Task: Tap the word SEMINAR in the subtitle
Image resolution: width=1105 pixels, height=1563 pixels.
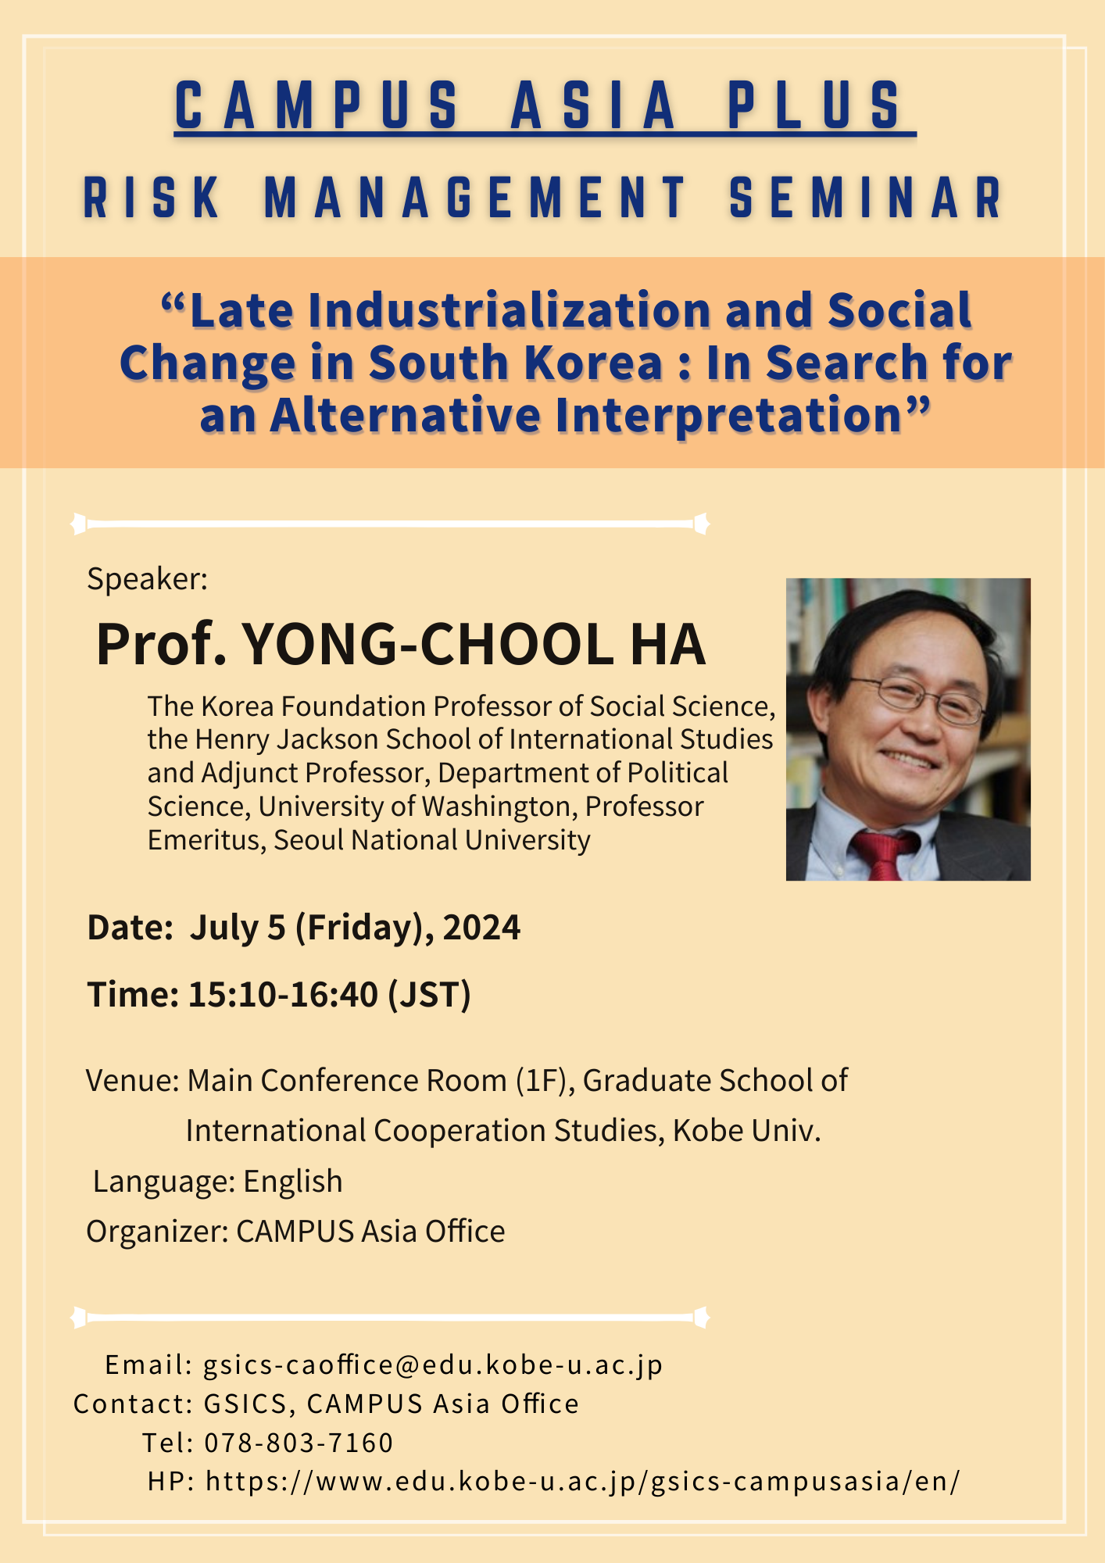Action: click(x=867, y=198)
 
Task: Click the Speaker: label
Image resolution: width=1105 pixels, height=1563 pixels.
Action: click(x=147, y=578)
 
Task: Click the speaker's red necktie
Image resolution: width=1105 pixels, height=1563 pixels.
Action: click(x=883, y=855)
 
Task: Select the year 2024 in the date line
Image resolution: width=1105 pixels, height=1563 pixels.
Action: click(x=481, y=928)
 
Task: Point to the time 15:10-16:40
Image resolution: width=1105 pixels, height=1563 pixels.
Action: click(x=283, y=995)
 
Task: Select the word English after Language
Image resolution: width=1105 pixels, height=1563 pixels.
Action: click(x=293, y=1182)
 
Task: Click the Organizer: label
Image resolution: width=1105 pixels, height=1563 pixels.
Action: click(x=157, y=1232)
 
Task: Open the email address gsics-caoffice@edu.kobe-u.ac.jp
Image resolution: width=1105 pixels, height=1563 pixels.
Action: click(x=434, y=1364)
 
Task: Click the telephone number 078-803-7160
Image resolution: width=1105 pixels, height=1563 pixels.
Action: click(x=299, y=1443)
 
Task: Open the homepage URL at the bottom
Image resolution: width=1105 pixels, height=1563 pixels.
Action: click(x=582, y=1481)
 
